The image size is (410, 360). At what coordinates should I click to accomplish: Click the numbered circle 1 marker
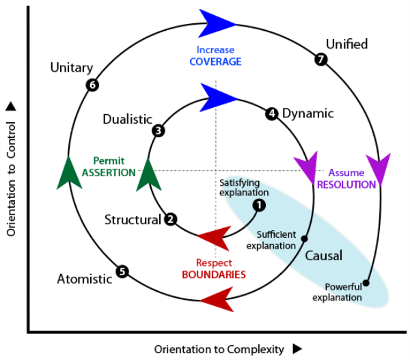click(x=258, y=204)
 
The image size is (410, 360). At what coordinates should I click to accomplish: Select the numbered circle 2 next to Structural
click(x=171, y=219)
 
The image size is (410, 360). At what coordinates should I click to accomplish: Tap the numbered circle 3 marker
click(x=159, y=130)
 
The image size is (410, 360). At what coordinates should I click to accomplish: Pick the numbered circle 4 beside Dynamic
click(x=272, y=113)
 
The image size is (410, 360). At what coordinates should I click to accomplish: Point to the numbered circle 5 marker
click(x=122, y=271)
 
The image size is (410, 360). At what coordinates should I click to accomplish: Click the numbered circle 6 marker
click(x=92, y=85)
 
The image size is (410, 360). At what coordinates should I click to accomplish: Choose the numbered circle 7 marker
click(x=321, y=59)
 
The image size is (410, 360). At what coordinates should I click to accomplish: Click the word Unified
click(x=346, y=44)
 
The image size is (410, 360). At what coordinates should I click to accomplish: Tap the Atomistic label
click(x=84, y=279)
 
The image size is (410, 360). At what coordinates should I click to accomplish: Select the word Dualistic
click(x=127, y=119)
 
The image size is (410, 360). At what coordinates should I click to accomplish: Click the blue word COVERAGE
click(x=215, y=61)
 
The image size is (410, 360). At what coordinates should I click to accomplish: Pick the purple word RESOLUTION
click(x=346, y=184)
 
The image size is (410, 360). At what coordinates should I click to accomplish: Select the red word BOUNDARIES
click(x=214, y=274)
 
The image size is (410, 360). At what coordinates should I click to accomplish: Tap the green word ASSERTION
click(x=109, y=173)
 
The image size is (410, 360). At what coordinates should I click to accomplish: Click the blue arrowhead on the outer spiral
click(x=217, y=23)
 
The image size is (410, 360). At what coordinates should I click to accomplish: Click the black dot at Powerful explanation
click(x=367, y=282)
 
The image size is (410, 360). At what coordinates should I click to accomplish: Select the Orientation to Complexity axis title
click(x=219, y=349)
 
